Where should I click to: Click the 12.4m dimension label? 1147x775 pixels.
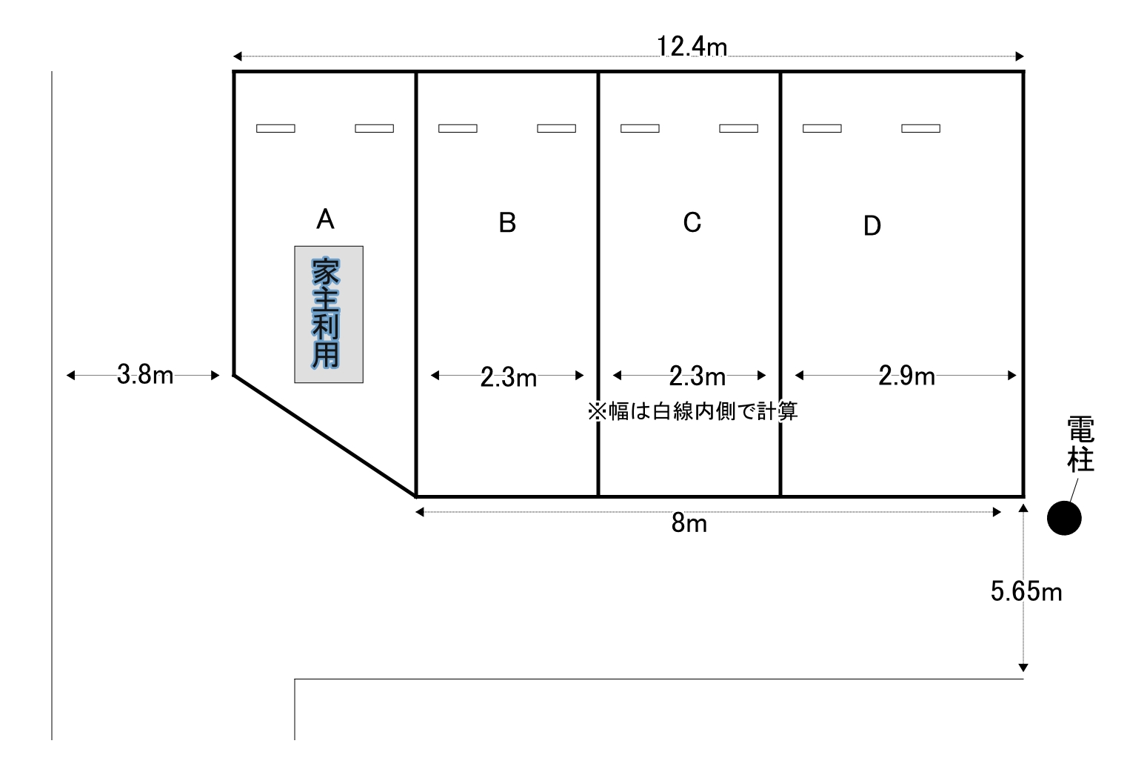pos(692,47)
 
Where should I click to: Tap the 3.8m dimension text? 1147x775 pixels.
pos(145,374)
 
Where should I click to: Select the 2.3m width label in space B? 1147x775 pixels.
pos(509,378)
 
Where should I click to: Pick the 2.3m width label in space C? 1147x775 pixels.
pos(698,377)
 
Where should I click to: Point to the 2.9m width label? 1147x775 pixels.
pos(907,376)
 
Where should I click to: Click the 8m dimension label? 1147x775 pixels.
pos(689,524)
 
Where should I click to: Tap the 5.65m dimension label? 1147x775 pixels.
pos(1026,591)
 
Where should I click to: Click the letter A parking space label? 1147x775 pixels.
pos(326,219)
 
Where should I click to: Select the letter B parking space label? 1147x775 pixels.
pos(507,223)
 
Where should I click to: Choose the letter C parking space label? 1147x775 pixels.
pos(692,222)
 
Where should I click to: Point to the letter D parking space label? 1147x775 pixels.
pos(872,226)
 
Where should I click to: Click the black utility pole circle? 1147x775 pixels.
pos(1064,518)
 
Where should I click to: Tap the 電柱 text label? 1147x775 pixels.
pos(1081,445)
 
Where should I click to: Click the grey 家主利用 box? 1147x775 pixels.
pos(329,314)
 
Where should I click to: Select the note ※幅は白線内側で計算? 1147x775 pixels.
pos(693,411)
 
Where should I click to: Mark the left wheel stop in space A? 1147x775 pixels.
pos(275,129)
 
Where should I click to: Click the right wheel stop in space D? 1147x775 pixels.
pos(920,129)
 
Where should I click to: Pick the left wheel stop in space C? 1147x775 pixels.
pos(640,129)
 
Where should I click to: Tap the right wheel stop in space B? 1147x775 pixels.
pos(557,129)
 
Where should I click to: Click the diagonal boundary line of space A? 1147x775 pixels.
pos(324,436)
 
